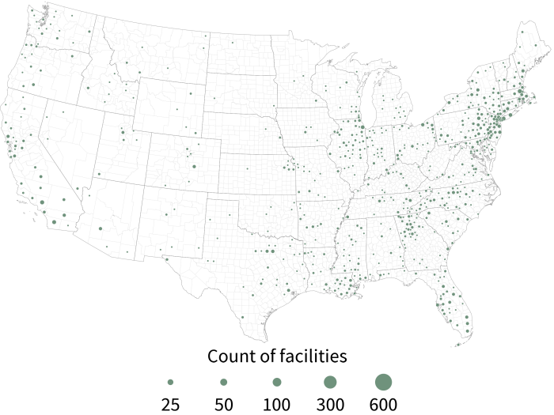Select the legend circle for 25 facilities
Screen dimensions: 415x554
tap(170, 382)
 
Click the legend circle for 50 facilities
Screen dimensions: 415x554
tap(223, 382)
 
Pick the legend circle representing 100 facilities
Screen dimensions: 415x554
tap(276, 382)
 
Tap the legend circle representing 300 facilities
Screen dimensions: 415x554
tap(329, 382)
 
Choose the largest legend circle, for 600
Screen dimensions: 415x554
tap(383, 382)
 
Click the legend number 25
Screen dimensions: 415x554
tap(170, 405)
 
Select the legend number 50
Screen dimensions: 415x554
tap(223, 405)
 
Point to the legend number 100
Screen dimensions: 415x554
tap(276, 405)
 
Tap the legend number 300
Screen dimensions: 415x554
tap(329, 405)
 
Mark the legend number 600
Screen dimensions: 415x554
tap(383, 405)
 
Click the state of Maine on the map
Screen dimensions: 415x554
tap(529, 51)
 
